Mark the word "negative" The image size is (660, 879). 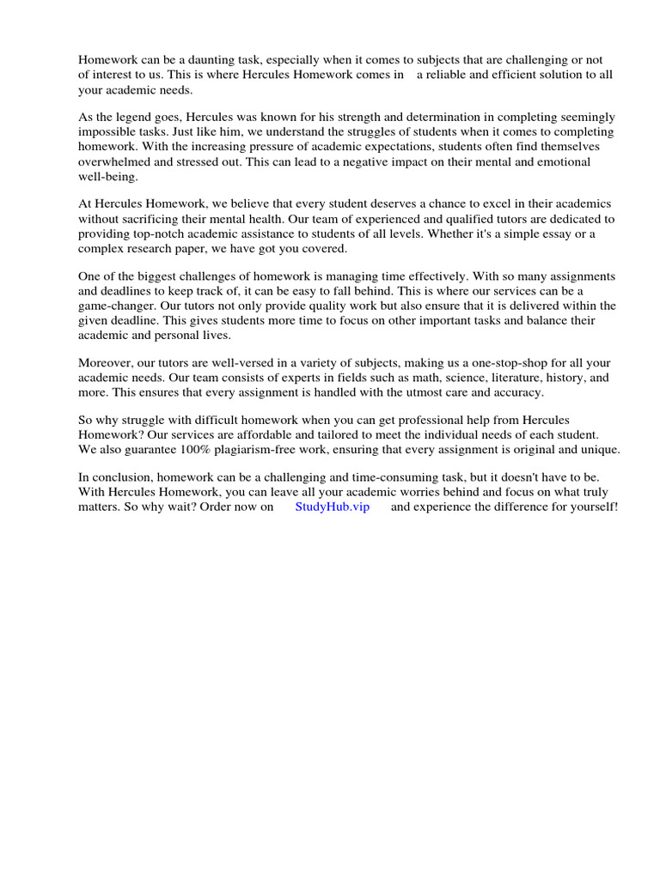[x=387, y=161]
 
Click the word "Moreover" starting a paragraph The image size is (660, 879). [x=107, y=363]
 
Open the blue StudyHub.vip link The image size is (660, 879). [x=332, y=507]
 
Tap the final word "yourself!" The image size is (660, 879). [x=590, y=507]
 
